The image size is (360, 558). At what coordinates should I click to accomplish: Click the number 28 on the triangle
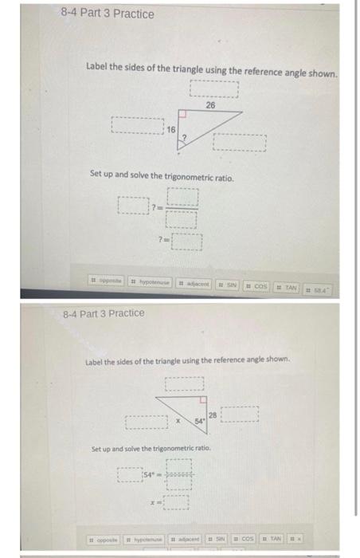212,413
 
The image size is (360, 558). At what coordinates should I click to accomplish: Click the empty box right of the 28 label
240,415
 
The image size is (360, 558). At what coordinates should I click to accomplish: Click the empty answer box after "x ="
177,503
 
